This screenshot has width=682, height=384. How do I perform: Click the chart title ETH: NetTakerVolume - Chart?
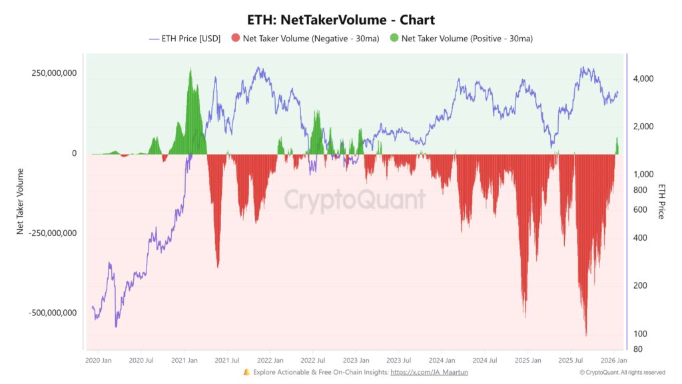click(340, 20)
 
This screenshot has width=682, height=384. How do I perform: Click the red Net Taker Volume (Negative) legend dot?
click(235, 39)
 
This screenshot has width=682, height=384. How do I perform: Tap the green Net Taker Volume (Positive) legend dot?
click(394, 39)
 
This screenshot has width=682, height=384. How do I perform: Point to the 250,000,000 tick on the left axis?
click(54, 73)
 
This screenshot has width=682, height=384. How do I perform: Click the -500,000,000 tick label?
click(53, 313)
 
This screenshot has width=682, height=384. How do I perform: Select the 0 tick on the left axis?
click(74, 153)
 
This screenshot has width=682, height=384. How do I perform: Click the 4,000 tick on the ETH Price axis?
click(644, 79)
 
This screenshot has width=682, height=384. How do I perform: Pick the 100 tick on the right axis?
click(639, 333)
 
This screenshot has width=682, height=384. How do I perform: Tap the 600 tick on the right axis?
click(639, 209)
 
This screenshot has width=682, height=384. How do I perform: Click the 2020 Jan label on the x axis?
click(99, 360)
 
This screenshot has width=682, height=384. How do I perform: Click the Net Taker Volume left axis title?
click(21, 200)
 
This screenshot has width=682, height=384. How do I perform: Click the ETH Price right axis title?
click(661, 201)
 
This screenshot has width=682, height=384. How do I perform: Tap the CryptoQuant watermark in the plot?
click(355, 199)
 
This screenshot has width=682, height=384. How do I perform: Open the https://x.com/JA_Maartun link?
click(429, 372)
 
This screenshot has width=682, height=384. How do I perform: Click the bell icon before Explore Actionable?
click(246, 372)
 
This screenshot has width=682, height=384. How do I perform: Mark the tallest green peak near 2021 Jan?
click(190, 71)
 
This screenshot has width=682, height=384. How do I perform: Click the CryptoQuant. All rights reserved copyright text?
click(622, 373)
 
